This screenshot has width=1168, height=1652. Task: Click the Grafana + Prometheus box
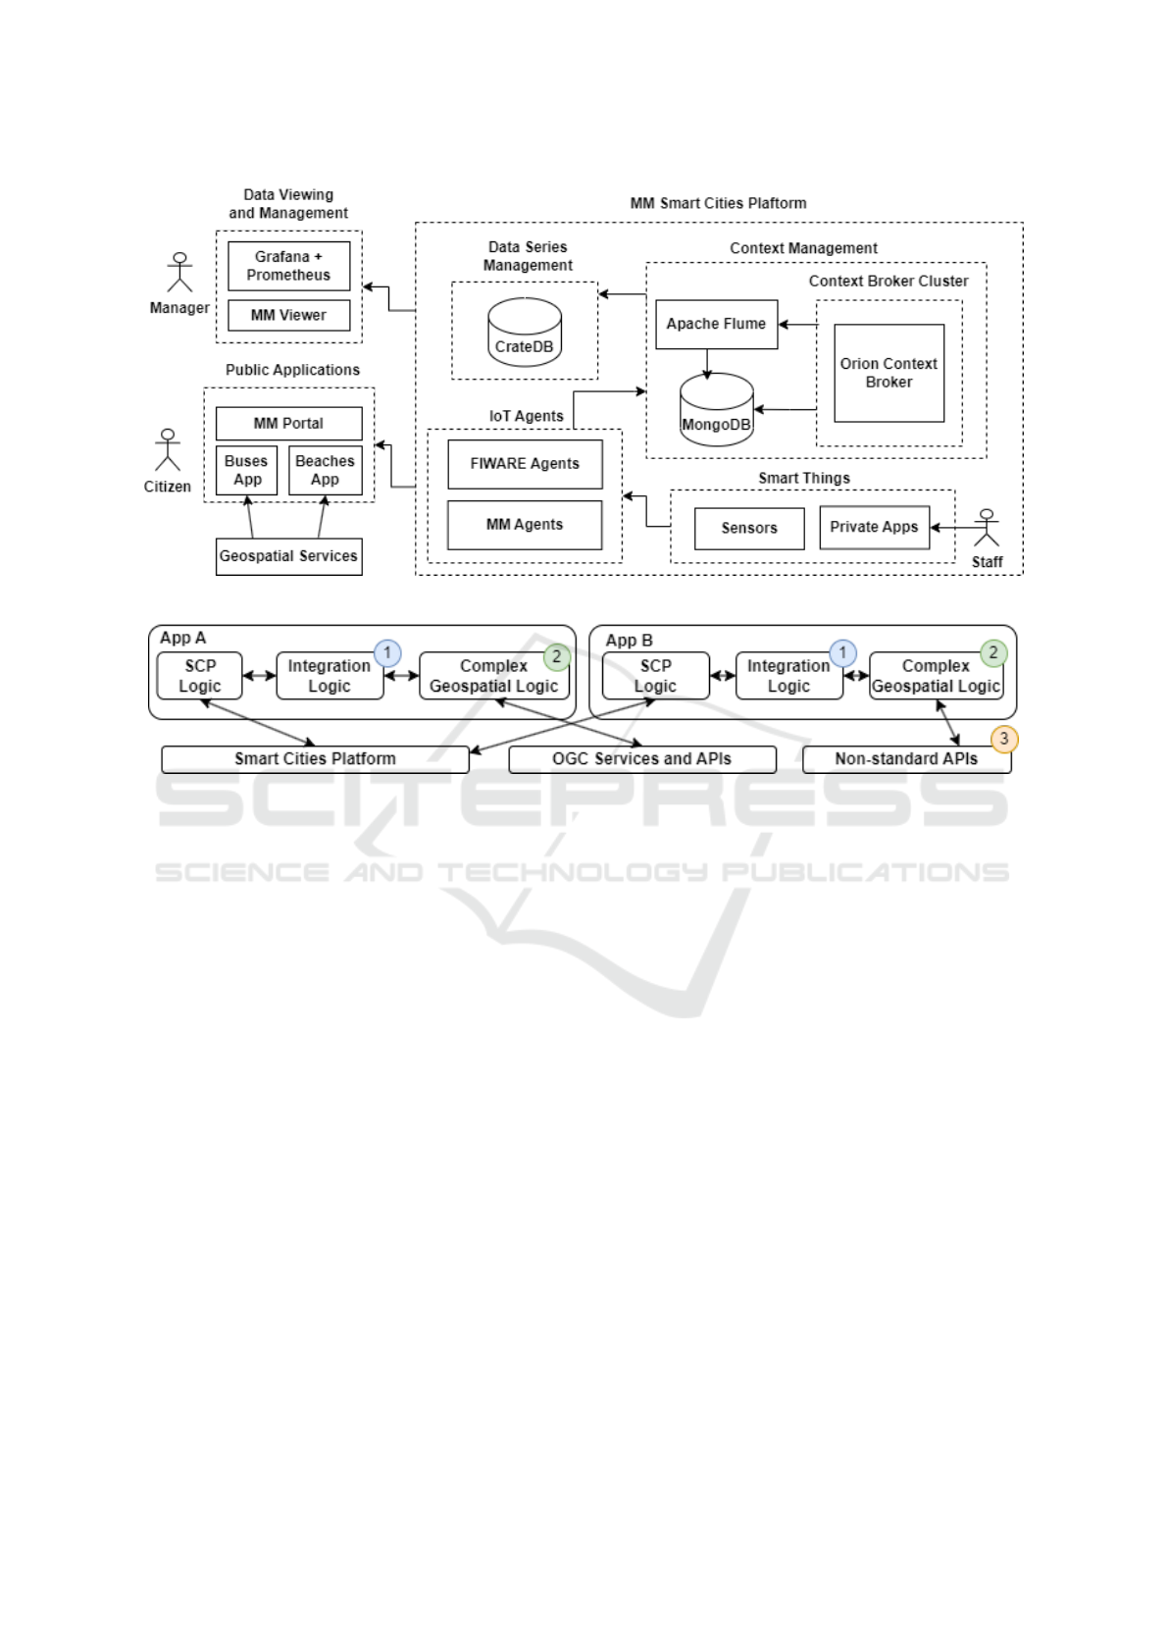coord(288,266)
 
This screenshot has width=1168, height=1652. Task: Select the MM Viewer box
coord(288,316)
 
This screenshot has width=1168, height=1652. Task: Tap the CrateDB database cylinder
coord(525,333)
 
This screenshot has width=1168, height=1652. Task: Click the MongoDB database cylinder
coord(716,410)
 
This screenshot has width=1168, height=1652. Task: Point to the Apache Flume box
coord(716,325)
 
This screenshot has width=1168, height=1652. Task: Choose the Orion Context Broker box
coord(889,373)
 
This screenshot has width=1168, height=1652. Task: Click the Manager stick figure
coord(179,272)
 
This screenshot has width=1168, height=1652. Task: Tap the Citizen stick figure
coord(168,450)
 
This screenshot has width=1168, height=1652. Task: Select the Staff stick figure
coord(986,528)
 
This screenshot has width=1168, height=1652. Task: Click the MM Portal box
coord(288,424)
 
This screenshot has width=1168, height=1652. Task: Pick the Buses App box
coord(246,471)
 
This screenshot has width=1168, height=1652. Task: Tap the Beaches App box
coord(326,471)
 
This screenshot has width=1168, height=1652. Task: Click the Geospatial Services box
coord(288,557)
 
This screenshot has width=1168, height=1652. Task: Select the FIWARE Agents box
coord(525,465)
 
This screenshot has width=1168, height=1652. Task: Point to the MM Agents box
coord(525,525)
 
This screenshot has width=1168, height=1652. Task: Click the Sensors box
coord(749,529)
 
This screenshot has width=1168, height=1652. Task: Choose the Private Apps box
coord(874,528)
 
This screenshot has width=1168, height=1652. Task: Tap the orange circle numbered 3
coord(1003,739)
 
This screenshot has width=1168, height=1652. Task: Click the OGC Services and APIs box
coord(642,759)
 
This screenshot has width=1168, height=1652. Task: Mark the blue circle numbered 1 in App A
coord(387,652)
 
